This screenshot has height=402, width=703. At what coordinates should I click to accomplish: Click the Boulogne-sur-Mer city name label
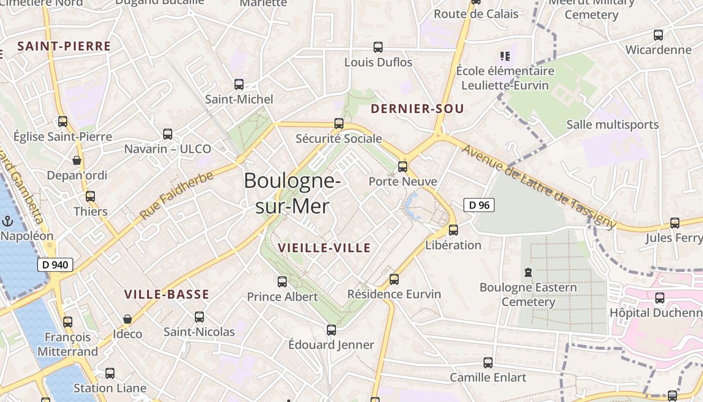(293, 193)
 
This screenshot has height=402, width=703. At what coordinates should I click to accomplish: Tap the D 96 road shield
(479, 205)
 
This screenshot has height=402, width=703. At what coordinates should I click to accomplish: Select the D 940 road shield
(55, 265)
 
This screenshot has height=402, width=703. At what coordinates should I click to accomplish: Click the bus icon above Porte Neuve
(403, 166)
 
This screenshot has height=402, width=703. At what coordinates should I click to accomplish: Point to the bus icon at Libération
(453, 230)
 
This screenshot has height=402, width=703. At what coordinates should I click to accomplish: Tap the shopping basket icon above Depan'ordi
(77, 160)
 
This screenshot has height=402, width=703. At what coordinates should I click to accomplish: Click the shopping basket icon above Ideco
(128, 319)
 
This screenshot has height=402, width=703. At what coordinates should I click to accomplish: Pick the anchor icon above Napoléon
(8, 221)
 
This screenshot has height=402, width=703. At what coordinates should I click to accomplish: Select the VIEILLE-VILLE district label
(324, 248)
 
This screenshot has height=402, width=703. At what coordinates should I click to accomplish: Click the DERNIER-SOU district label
(417, 109)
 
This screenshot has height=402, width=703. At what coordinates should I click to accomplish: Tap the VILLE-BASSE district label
(166, 295)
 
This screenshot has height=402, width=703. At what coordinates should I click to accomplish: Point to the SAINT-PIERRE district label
(64, 47)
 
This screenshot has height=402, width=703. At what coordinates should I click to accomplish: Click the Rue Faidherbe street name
(176, 195)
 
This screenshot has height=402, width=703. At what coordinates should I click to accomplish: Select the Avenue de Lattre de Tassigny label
(539, 186)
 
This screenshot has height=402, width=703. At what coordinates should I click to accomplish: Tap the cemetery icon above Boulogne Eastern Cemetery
(528, 272)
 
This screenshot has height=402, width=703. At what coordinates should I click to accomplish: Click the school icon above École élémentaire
(505, 56)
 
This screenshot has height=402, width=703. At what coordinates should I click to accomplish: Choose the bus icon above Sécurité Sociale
(339, 123)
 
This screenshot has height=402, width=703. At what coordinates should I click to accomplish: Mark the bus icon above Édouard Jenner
(331, 330)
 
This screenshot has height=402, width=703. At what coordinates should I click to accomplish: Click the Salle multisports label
(612, 125)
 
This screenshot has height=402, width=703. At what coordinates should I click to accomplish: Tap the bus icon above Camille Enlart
(488, 362)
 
